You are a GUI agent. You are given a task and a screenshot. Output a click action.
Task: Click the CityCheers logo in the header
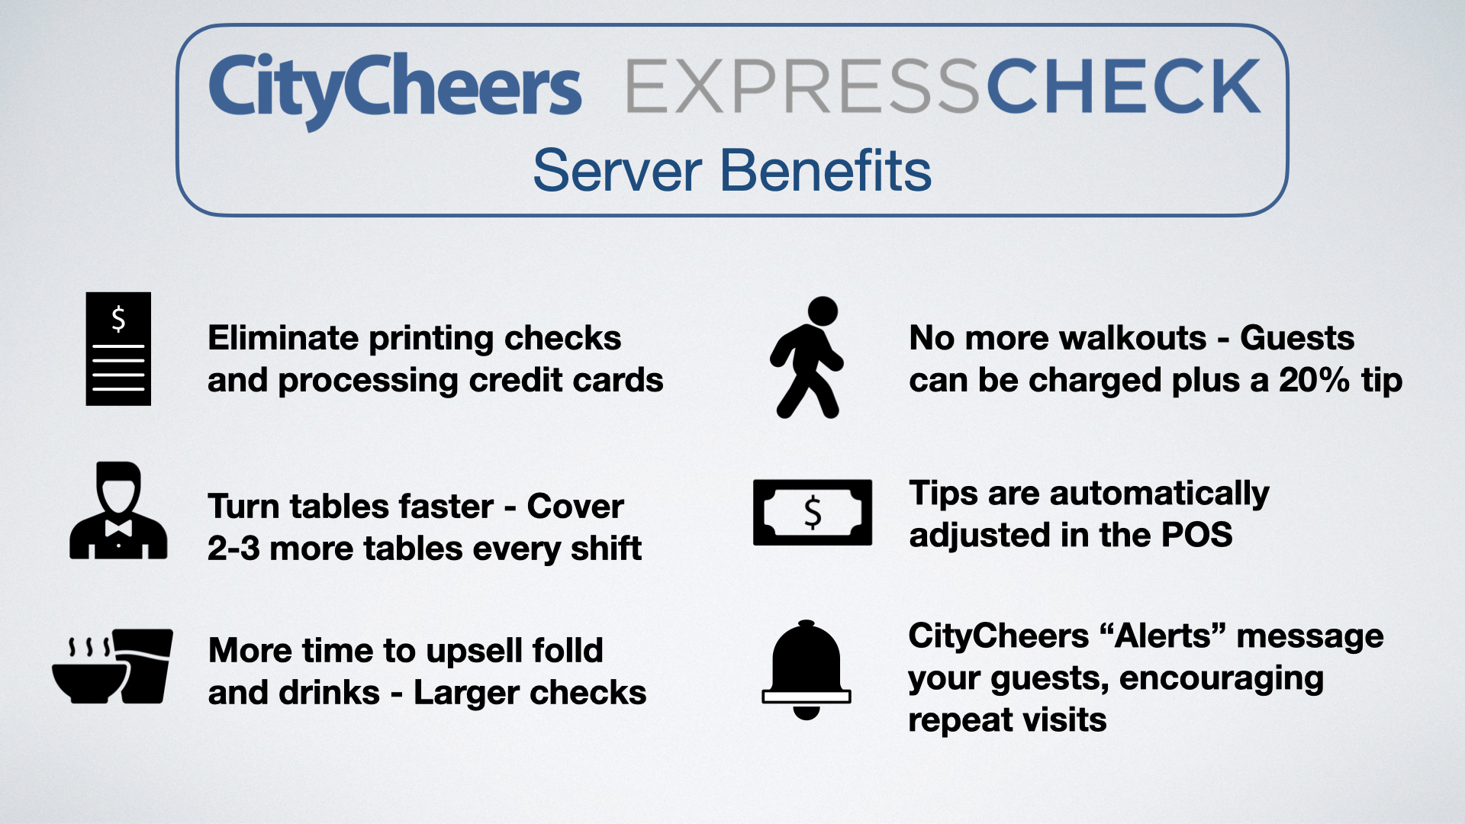coord(394,90)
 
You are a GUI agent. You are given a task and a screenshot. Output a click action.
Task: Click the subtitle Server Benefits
coord(732,170)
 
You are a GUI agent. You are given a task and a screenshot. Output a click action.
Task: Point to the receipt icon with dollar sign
coord(118,349)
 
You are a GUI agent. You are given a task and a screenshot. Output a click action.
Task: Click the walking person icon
coord(807,357)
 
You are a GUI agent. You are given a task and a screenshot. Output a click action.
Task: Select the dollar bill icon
coord(813,512)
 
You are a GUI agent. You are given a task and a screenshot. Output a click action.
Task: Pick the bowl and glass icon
coord(112,666)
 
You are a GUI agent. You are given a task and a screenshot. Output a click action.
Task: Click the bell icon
coord(807,669)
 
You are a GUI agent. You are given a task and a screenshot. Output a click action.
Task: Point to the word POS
coord(1196,535)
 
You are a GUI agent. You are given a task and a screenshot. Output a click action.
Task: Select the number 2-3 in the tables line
coord(233,549)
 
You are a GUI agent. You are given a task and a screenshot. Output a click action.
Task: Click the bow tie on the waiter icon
coord(118,527)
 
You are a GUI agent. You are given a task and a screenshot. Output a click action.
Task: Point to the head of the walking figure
coord(823,311)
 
